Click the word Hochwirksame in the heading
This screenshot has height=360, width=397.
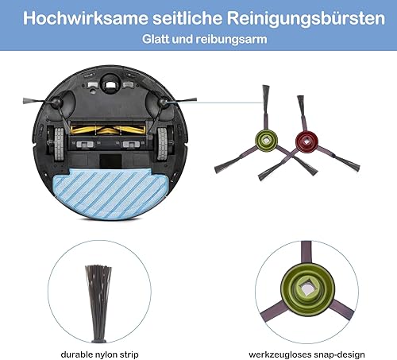coord(86,18)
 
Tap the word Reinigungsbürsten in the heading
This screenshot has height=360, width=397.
coord(306,18)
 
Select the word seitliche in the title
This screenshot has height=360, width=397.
coord(187,18)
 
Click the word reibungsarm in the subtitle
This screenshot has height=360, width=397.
coord(231,39)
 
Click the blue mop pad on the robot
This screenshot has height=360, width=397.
coord(110,194)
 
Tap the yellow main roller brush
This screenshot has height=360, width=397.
coord(108,130)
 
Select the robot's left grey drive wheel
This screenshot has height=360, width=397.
coord(59,145)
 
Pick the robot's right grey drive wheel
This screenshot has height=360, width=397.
coord(162,145)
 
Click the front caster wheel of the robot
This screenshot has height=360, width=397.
coord(110,84)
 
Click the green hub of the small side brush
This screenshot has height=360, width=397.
coord(266,140)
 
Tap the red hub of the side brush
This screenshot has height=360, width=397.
coord(306,141)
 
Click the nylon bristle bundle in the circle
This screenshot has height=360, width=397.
coord(98,304)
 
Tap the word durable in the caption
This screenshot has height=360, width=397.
coord(75,354)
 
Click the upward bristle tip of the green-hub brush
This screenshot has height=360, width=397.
coord(266,87)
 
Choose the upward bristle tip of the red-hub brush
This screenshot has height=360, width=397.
coord(300,97)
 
